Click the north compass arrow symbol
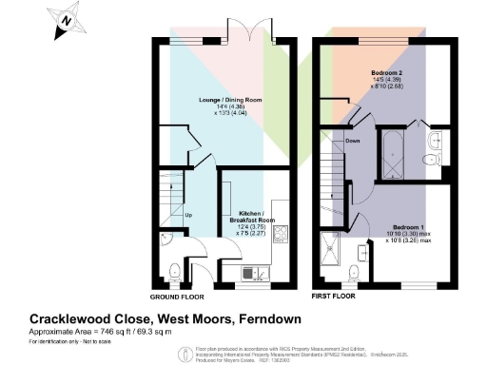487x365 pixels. [66, 20]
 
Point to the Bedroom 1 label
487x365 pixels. [405, 226]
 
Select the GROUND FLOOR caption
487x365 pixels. [176, 297]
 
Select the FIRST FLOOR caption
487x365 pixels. [341, 297]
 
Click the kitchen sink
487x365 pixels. [256, 275]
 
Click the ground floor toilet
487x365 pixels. [168, 268]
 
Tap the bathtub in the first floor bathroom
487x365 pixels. [394, 148]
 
